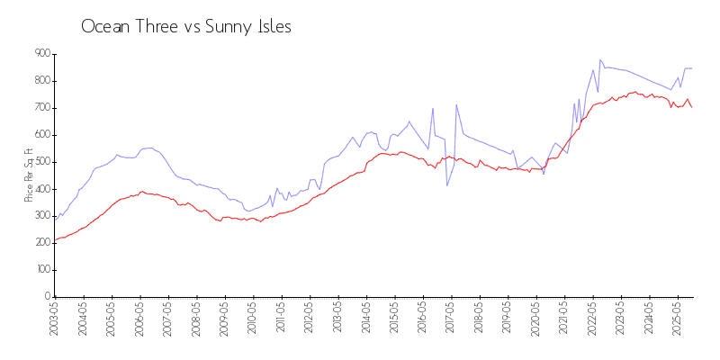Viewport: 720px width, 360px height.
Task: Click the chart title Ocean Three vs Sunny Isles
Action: tap(186, 27)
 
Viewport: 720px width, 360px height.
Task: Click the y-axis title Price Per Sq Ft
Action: tap(29, 175)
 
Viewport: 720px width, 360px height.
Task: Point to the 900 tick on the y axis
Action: tap(42, 54)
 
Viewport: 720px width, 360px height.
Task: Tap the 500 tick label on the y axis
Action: tap(42, 162)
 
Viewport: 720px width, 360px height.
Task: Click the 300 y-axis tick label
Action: tap(42, 216)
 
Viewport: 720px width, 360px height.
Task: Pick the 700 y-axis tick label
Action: tap(42, 108)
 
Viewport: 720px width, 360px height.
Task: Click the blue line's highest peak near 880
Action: tap(599, 59)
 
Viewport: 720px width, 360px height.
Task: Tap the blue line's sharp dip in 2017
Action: tap(447, 185)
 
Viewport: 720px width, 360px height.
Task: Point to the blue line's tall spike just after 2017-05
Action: tap(456, 104)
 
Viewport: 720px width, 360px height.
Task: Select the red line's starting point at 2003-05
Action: tap(55, 240)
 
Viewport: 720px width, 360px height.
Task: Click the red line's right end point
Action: tap(691, 107)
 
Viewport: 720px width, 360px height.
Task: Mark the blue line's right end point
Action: tap(691, 68)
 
